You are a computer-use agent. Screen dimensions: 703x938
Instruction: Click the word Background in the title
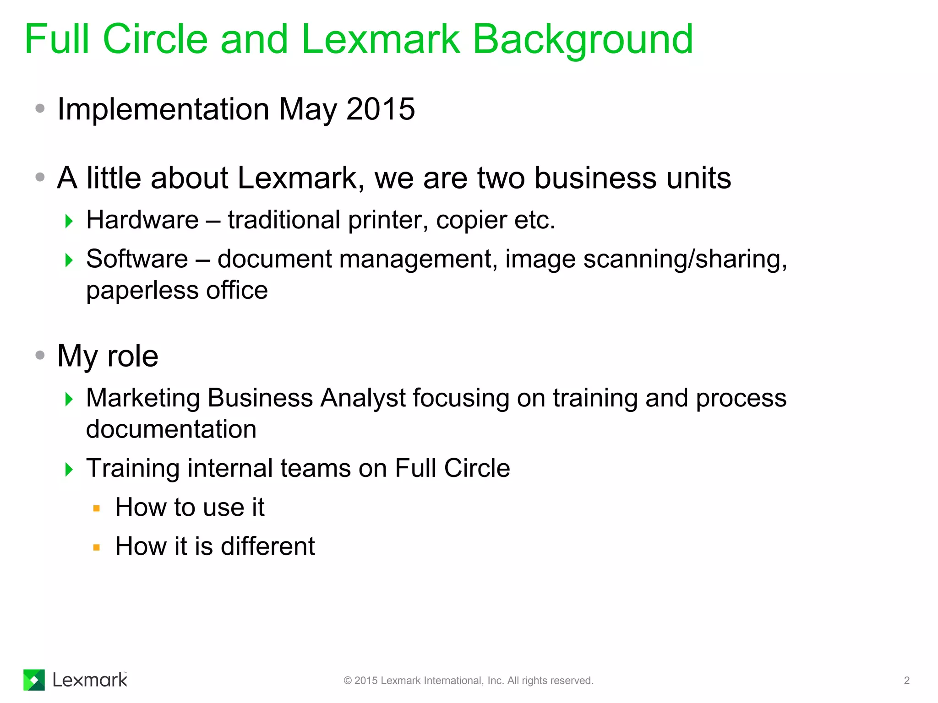(583, 40)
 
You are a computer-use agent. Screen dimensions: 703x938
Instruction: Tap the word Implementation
(163, 110)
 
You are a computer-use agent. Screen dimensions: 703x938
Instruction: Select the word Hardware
(142, 220)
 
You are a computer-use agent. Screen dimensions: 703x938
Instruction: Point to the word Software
(137, 259)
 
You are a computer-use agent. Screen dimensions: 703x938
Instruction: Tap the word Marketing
(143, 398)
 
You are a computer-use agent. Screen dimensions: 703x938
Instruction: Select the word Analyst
(363, 398)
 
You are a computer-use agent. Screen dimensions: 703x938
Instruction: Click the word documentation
(171, 429)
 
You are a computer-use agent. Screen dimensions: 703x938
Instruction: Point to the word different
(267, 546)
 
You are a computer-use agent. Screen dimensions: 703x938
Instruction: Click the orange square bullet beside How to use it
(96, 508)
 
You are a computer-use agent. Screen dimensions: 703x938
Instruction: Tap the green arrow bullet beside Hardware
(69, 221)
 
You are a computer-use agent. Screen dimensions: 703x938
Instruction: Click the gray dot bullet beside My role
(40, 355)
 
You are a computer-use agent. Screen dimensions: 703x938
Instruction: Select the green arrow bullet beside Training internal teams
(69, 469)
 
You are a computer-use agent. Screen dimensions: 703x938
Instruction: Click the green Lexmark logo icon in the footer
(34, 680)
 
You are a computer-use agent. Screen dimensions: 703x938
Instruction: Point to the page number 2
(906, 681)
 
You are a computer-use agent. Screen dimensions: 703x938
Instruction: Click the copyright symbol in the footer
(348, 681)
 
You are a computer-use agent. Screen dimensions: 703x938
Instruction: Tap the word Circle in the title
(156, 39)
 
